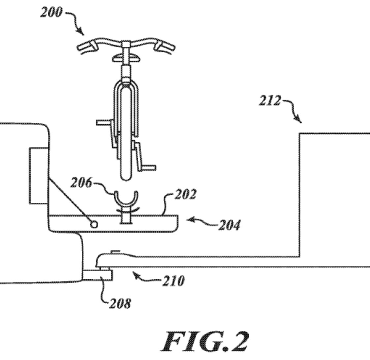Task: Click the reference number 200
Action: [51, 13]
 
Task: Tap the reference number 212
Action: [270, 100]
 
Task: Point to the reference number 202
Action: [185, 194]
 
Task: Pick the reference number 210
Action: [173, 281]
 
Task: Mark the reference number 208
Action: [120, 303]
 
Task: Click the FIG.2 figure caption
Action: [205, 341]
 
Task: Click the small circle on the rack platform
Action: [94, 225]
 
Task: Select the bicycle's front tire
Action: [126, 132]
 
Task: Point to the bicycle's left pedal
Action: [103, 122]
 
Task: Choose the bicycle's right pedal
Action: [148, 168]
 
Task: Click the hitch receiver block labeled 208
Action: [97, 275]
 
